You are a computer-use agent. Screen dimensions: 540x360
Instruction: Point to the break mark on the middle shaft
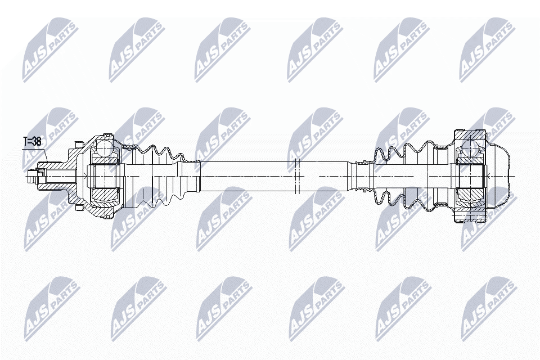[x=298, y=176]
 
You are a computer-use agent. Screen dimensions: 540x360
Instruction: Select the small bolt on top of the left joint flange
[x=79, y=143]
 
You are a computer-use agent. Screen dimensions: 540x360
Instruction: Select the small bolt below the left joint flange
[x=79, y=208]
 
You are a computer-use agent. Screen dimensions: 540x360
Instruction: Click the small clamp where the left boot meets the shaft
[x=195, y=161]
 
